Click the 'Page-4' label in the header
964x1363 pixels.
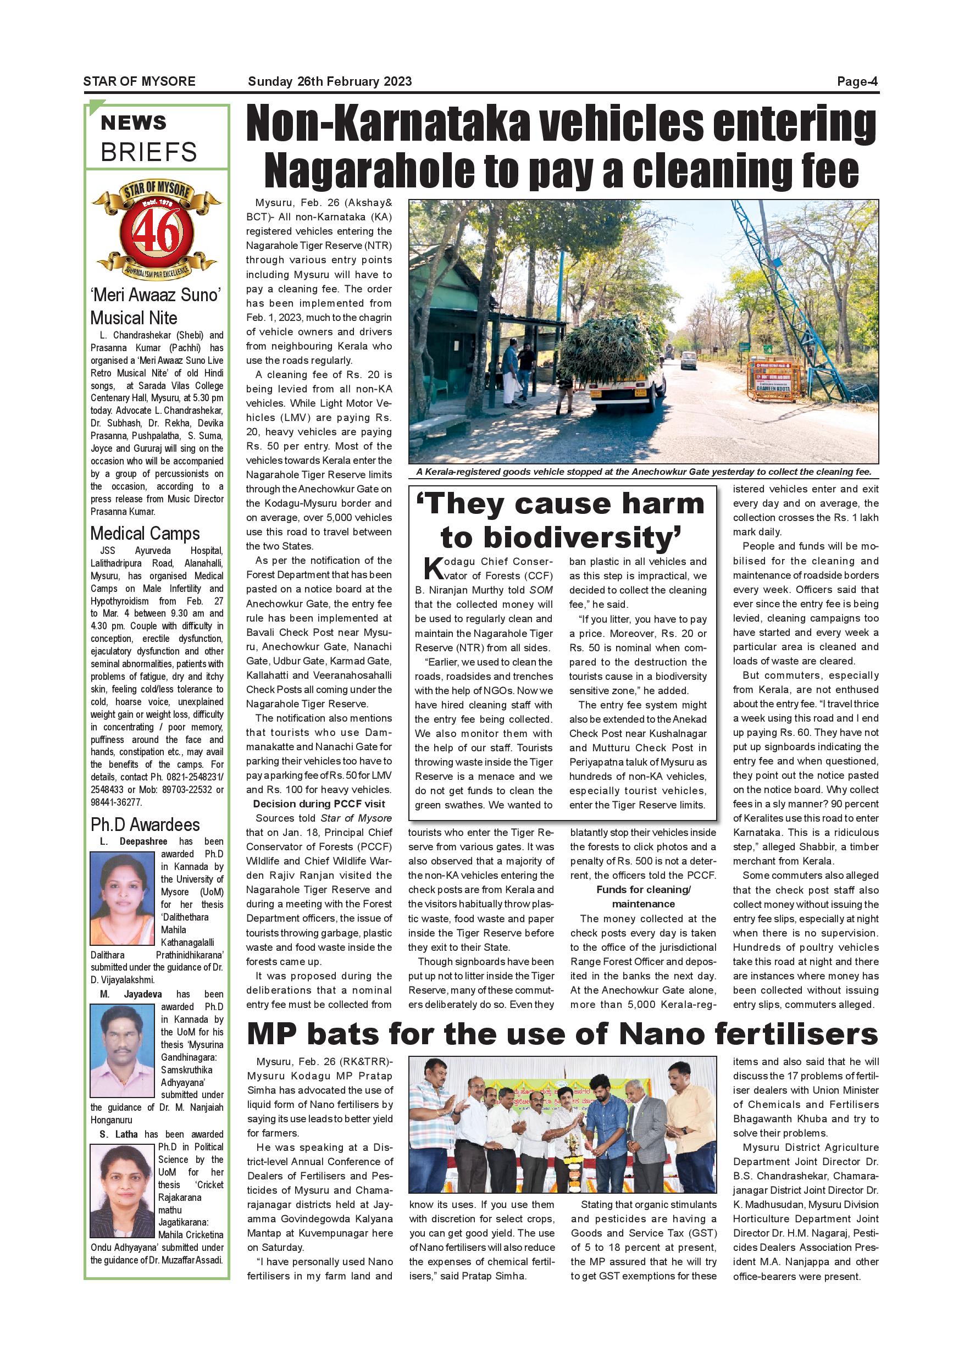857,81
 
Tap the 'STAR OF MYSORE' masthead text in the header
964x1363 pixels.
140,81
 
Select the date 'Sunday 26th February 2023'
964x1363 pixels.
329,81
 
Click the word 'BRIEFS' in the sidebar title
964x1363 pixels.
148,152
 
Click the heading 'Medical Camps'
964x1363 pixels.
145,533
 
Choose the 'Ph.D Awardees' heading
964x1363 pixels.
145,824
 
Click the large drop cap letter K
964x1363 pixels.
433,568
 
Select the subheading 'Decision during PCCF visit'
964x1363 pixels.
319,804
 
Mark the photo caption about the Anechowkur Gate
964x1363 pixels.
644,472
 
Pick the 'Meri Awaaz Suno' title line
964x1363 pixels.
156,295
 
